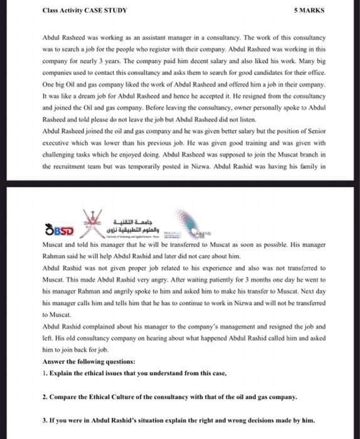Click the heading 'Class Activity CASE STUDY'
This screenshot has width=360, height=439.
(x=85, y=11)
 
